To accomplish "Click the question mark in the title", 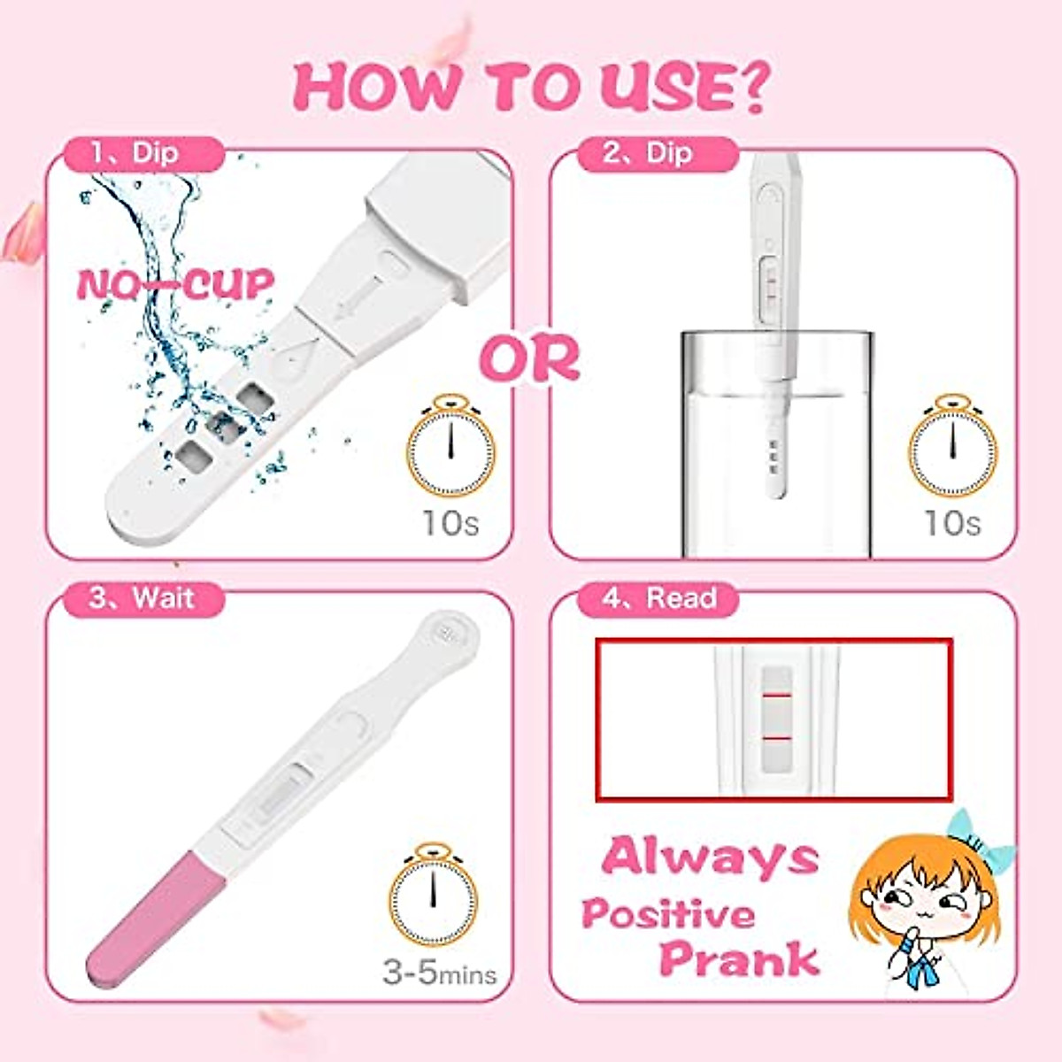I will (750, 86).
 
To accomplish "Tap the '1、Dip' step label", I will (135, 153).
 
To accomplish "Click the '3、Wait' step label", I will (142, 598).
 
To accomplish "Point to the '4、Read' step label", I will (659, 598).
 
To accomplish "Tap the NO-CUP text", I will (175, 285).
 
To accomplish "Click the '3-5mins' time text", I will (439, 974).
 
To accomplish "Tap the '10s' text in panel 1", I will (450, 523).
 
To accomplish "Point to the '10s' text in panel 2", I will (952, 523).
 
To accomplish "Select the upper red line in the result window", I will (775, 697).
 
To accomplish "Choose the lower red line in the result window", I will (775, 737).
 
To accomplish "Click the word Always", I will (710, 857).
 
